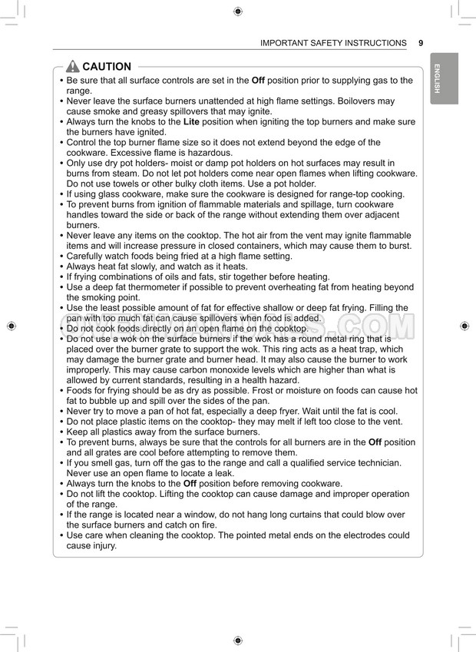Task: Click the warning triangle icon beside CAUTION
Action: click(x=73, y=67)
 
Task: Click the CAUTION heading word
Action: click(x=107, y=67)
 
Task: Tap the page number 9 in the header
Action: click(x=421, y=43)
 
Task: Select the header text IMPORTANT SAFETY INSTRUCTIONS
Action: click(x=333, y=43)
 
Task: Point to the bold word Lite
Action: click(x=191, y=122)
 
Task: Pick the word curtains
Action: click(x=306, y=515)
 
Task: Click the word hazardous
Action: click(x=188, y=153)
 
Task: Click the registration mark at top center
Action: click(x=238, y=11)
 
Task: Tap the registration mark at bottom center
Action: click(x=238, y=640)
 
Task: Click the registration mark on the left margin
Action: click(x=11, y=326)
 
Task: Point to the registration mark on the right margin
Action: click(x=464, y=326)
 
